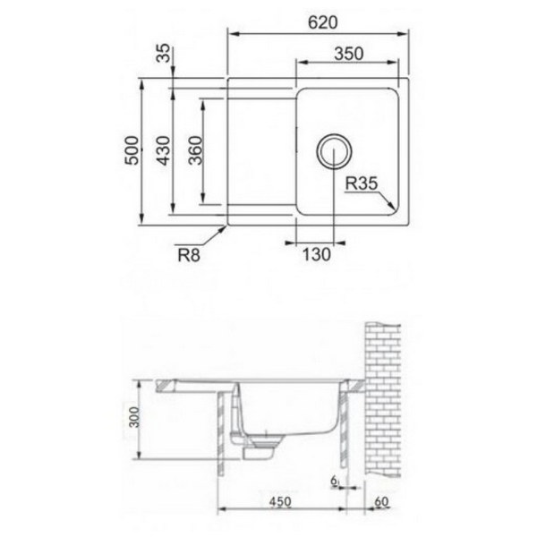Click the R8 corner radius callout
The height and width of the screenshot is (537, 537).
point(188,256)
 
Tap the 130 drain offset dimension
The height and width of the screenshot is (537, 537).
point(314,255)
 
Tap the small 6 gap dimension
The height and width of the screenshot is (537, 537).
point(333,482)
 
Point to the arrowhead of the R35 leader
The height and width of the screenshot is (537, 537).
point(393,208)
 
